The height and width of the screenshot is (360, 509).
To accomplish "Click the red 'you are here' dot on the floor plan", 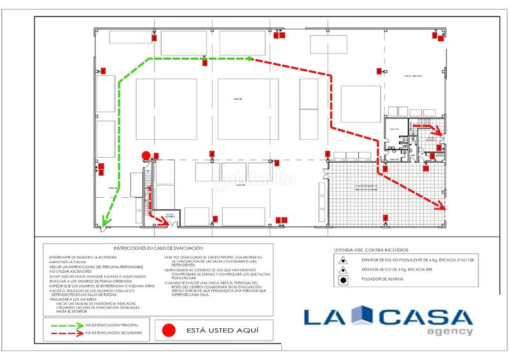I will [146, 155].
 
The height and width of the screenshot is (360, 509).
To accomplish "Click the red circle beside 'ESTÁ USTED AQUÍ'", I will [168, 330].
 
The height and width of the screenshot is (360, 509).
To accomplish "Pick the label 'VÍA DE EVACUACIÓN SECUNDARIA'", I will [113, 333].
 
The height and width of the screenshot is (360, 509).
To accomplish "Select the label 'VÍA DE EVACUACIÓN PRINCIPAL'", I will [112, 324].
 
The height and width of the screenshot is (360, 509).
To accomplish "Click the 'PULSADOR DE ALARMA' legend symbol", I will [343, 280].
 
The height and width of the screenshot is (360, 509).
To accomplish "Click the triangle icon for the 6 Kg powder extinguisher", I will [343, 260].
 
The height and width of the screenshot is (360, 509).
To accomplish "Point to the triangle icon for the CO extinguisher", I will [343, 270].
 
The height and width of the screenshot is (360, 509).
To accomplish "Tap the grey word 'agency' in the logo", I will [450, 331].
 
